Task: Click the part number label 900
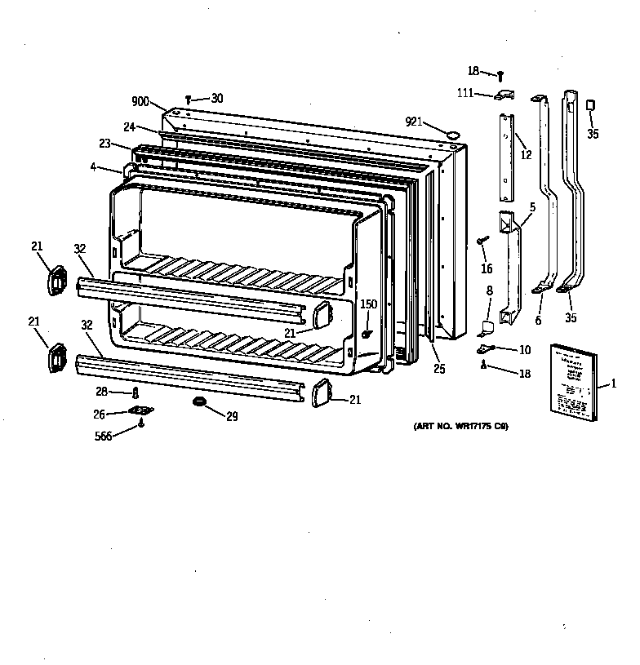[x=140, y=103]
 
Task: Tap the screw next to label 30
[x=189, y=98]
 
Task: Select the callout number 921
[x=415, y=122]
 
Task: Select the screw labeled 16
[x=482, y=240]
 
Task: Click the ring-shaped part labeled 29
[x=199, y=402]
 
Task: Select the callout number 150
[x=369, y=304]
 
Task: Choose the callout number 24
[x=129, y=126]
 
